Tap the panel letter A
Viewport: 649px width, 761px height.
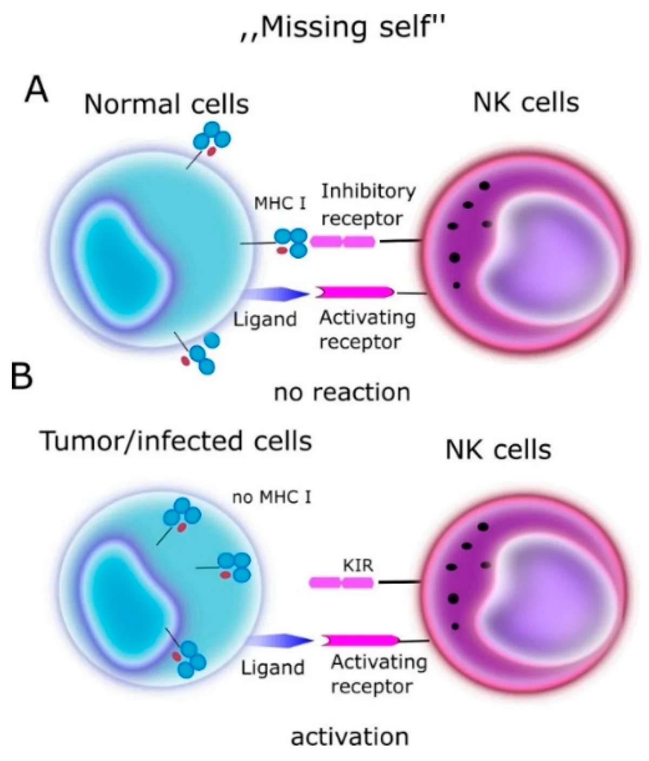pyautogui.click(x=36, y=90)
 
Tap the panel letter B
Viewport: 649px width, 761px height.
pyautogui.click(x=22, y=376)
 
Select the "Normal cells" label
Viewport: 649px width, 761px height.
pyautogui.click(x=166, y=104)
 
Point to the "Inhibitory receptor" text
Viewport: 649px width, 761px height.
pyautogui.click(x=368, y=204)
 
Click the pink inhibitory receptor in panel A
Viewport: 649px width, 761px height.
pyautogui.click(x=342, y=241)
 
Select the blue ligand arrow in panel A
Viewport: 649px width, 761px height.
pyautogui.click(x=276, y=294)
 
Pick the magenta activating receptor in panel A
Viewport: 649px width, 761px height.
pyautogui.click(x=355, y=292)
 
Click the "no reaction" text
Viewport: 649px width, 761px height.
pyautogui.click(x=342, y=392)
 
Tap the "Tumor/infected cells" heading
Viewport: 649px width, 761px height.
pyautogui.click(x=176, y=441)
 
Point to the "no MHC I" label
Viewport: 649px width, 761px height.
pyautogui.click(x=271, y=497)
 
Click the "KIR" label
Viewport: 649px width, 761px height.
pyautogui.click(x=358, y=566)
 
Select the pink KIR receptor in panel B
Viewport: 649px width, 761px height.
pyautogui.click(x=341, y=583)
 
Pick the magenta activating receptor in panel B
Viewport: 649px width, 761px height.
pyautogui.click(x=361, y=640)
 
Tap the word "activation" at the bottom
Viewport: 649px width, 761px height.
pyautogui.click(x=349, y=737)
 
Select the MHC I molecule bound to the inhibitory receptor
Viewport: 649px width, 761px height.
pyautogui.click(x=292, y=243)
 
